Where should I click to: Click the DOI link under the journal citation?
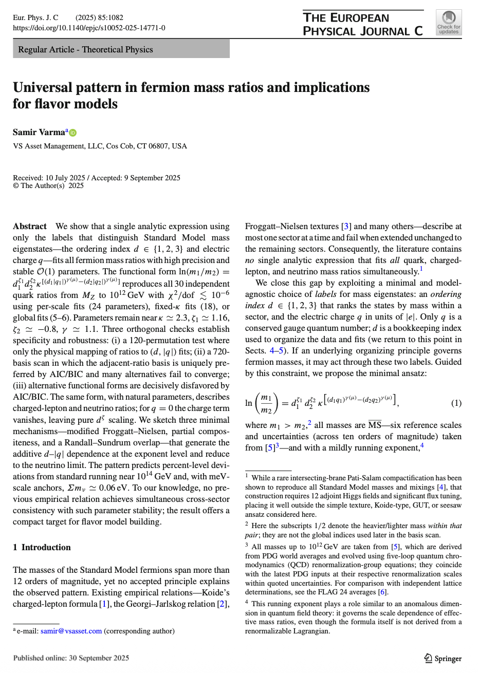89,28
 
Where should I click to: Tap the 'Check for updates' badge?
449,23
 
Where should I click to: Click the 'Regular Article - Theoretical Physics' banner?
85,49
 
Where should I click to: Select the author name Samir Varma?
39,132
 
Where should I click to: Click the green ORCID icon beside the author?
72,133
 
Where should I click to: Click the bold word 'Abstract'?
30,226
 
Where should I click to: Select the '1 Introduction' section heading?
42,547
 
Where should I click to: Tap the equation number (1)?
456,403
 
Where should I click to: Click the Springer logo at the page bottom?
443,658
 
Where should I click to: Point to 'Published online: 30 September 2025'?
71,658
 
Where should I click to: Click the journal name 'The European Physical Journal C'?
362,24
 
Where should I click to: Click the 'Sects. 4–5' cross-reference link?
268,351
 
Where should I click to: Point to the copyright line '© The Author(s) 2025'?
48,185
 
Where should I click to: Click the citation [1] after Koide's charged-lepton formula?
104,604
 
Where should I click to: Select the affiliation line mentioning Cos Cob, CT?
100,146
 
